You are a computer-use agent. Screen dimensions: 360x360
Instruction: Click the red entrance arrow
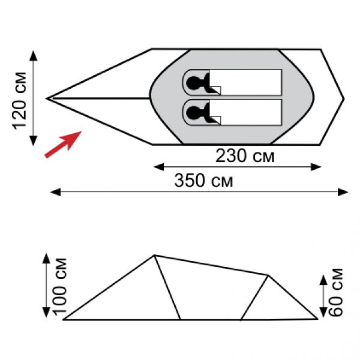coord(63,145)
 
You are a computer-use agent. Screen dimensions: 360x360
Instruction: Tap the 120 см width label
coord(19,101)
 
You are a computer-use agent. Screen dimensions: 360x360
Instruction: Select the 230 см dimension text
coord(245,156)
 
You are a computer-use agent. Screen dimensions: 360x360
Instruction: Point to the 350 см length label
coord(203,181)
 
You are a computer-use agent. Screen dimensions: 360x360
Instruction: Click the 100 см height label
coord(59,286)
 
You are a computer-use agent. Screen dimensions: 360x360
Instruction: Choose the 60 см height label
coord(335,293)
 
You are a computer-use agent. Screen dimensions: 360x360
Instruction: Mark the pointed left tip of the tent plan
coord(47,98)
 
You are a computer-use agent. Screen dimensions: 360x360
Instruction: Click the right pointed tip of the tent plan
coord(344,99)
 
